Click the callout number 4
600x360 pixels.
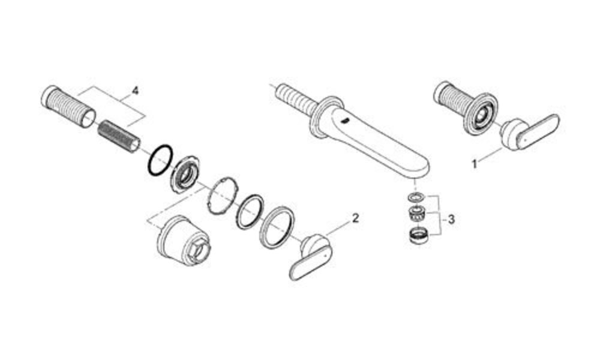coord(134,91)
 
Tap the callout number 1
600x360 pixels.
coord(475,164)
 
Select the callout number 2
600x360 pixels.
coord(355,218)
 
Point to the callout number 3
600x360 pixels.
coord(451,220)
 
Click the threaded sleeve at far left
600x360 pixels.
coord(68,107)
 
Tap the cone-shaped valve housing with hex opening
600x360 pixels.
coord(184,241)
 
